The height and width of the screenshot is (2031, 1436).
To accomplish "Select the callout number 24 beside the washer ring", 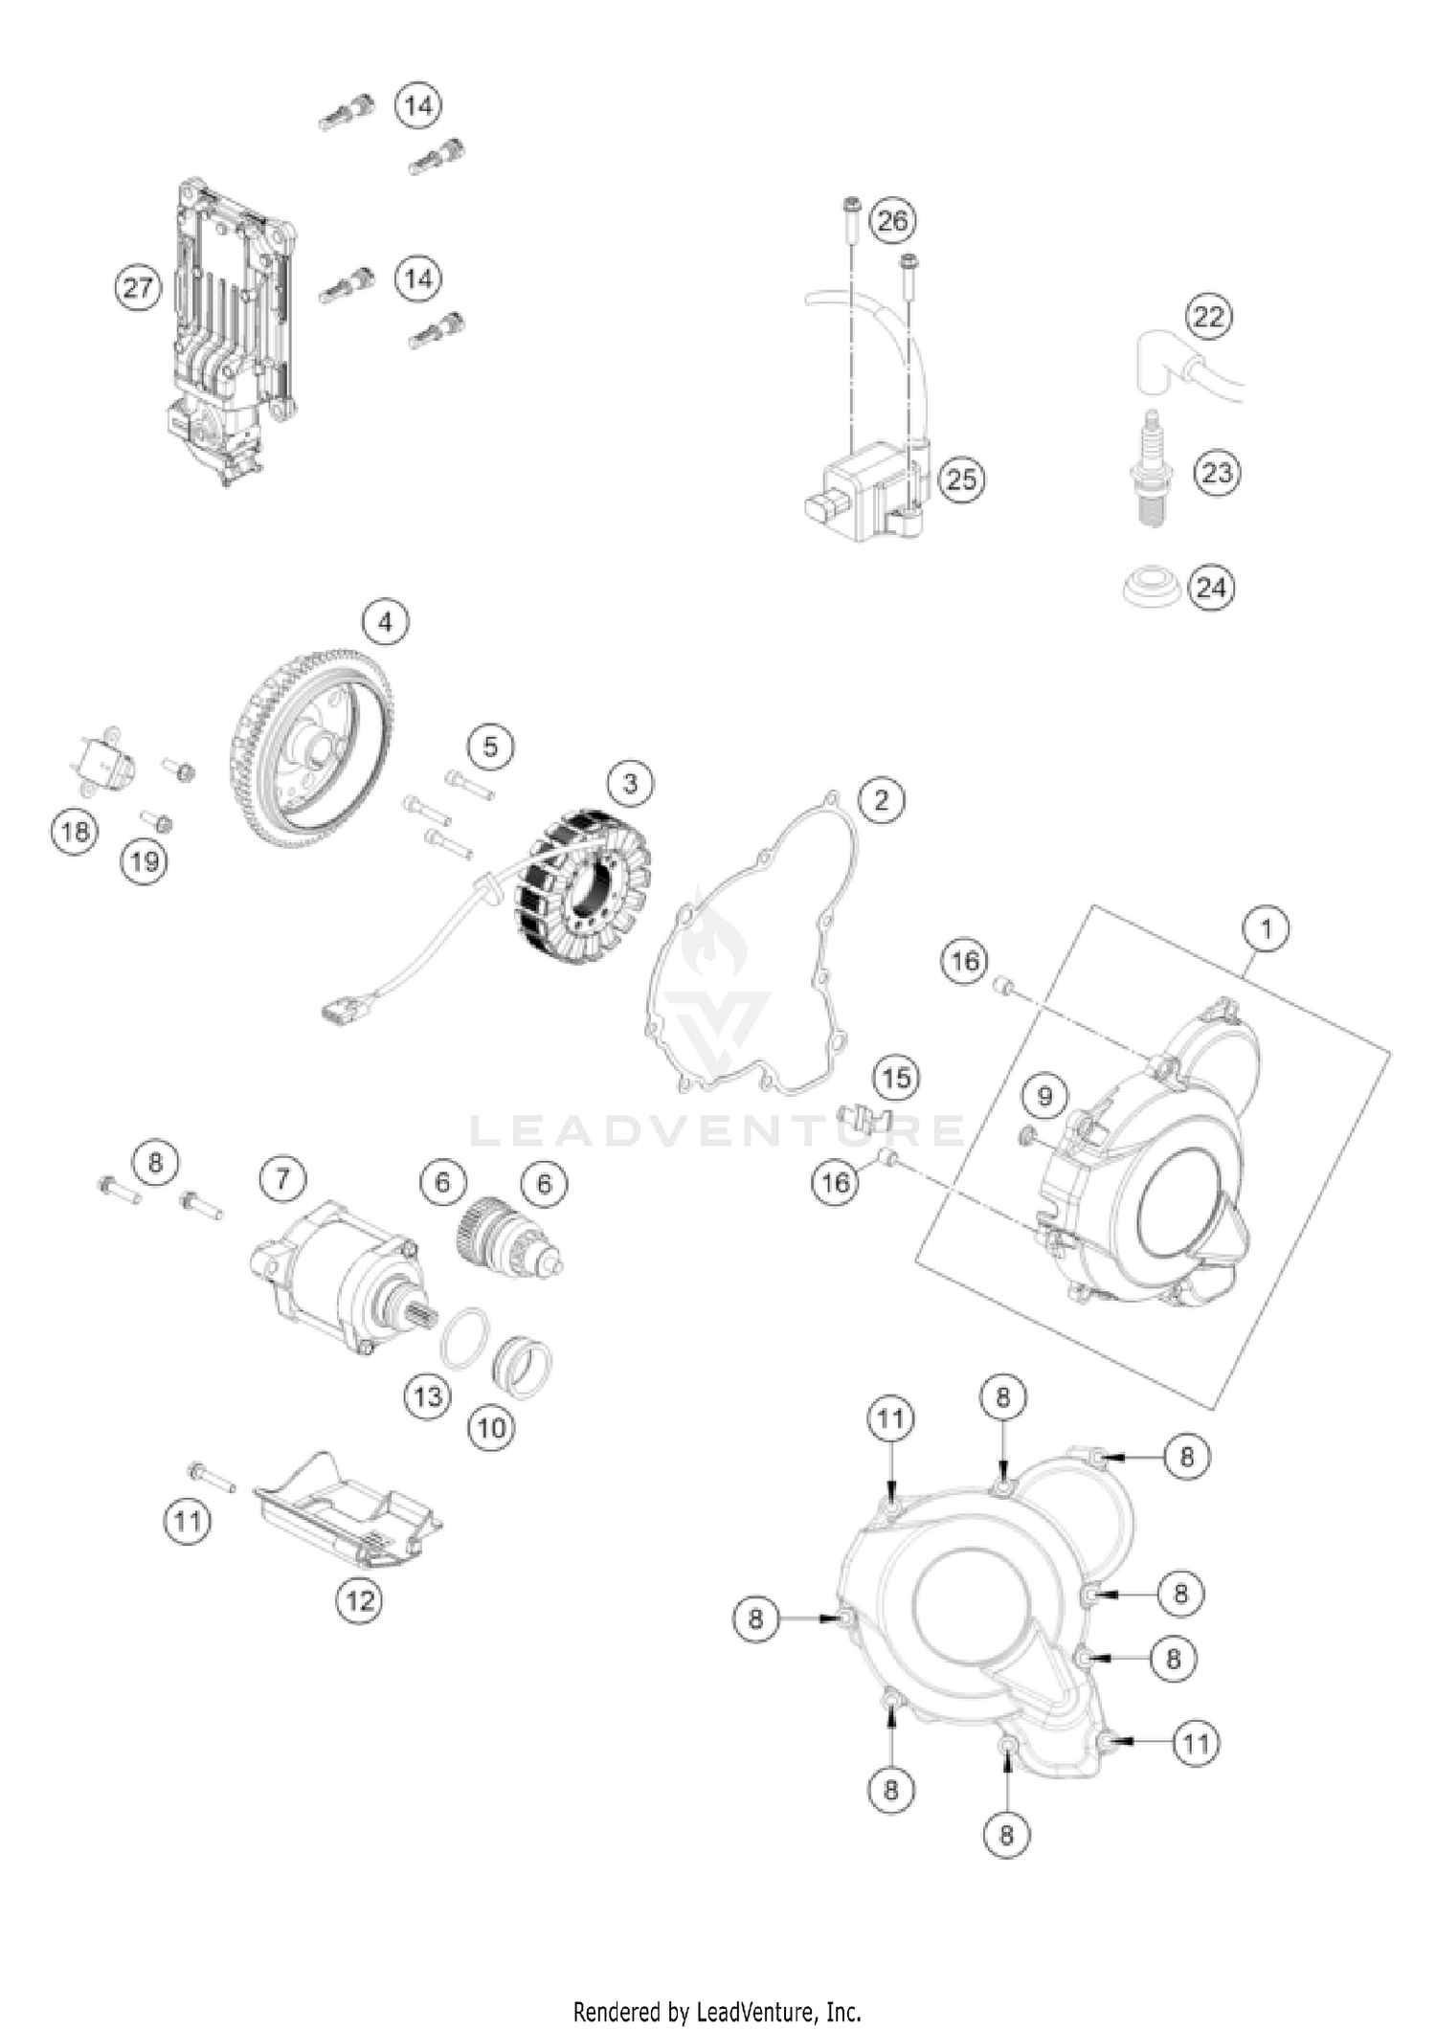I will coord(1211,587).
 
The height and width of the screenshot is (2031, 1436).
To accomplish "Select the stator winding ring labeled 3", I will coord(584,876).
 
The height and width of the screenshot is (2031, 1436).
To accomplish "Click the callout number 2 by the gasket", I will coord(881,799).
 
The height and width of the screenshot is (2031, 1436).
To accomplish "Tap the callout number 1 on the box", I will coord(1267,929).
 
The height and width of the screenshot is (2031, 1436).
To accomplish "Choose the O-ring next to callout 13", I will coord(466,1337).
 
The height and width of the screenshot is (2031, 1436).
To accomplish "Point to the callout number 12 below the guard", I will coord(360,1599).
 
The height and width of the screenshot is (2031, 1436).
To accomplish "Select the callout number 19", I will coord(145,861).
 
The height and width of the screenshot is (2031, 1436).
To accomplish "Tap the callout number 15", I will coord(896,1079).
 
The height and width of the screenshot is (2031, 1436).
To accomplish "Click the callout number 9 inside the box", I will coord(1044,1096).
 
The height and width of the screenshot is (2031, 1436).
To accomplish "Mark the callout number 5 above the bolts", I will coord(491,747).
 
